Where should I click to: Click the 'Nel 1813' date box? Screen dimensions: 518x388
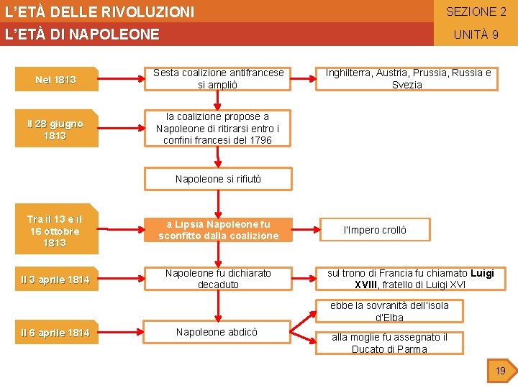coord(56,80)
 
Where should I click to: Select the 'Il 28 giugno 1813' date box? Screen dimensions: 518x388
coord(56,129)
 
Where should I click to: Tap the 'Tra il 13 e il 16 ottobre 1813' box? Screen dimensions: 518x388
coord(56,231)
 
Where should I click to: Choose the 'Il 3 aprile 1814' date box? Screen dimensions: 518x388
coord(56,280)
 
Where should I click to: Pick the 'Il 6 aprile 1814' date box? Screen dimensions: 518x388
coord(56,333)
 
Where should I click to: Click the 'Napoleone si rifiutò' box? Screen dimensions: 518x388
coord(218,179)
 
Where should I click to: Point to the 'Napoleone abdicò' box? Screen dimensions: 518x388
coord(217,332)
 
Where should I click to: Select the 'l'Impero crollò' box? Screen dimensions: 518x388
coord(374,230)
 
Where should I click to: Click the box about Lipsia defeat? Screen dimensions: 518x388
coord(218,230)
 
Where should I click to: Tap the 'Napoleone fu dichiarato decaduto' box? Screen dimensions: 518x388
coord(218,279)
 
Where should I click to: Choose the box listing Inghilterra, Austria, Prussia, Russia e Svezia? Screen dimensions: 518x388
coord(407,79)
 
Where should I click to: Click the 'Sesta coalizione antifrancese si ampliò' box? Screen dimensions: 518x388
coord(218,79)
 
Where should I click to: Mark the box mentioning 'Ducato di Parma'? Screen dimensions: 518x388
coord(389,343)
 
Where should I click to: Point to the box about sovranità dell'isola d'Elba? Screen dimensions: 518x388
coord(389,311)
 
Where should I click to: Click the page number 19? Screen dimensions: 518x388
coord(501,371)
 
